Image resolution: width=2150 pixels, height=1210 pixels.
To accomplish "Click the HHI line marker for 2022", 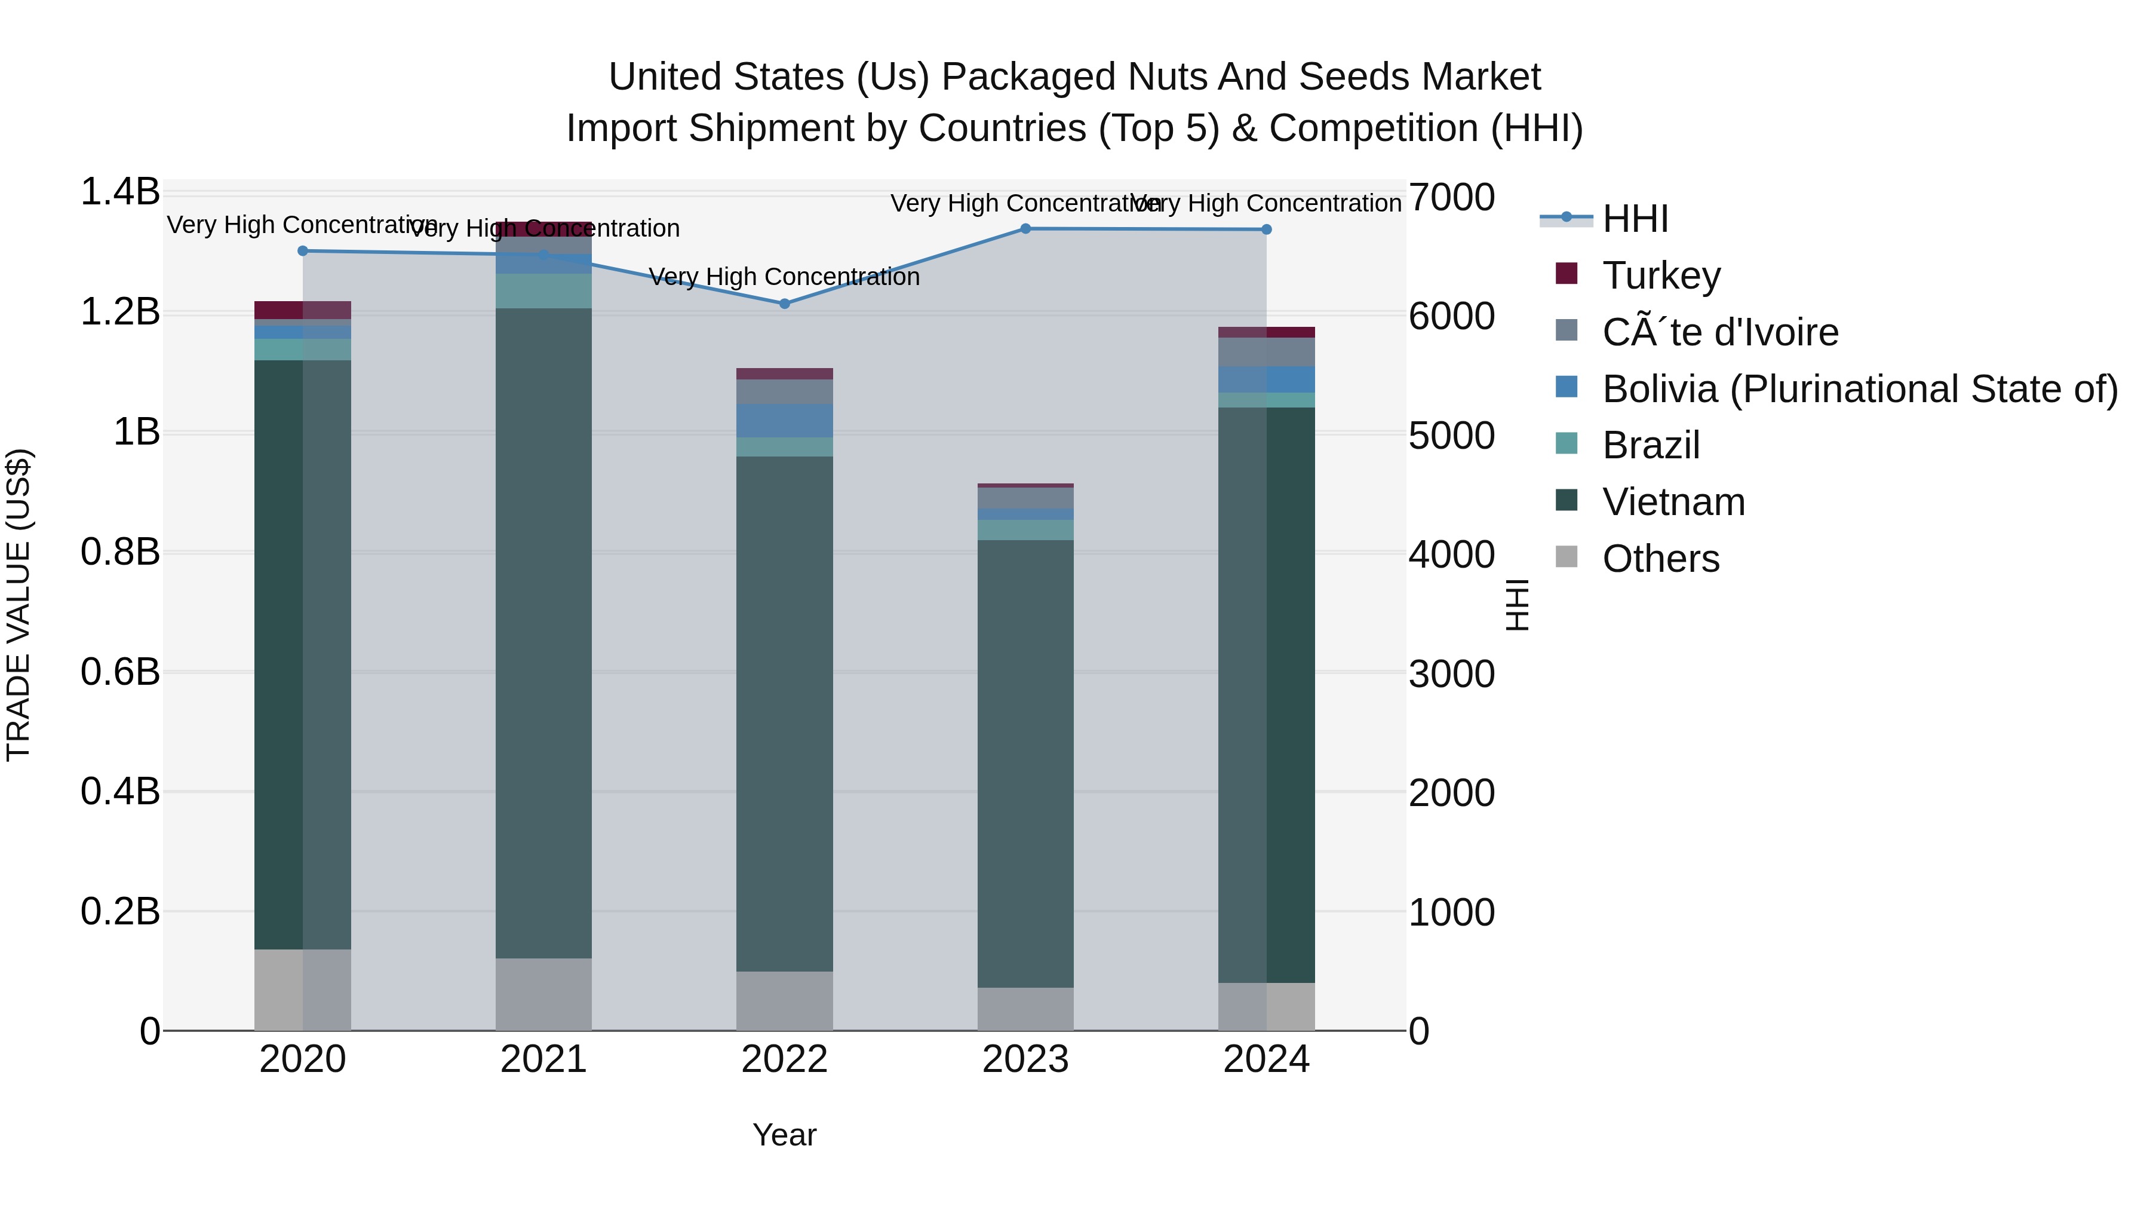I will point(785,304).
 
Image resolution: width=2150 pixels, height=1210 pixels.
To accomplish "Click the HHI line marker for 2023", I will point(1026,229).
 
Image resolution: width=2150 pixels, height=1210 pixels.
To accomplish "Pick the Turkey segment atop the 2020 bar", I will point(302,310).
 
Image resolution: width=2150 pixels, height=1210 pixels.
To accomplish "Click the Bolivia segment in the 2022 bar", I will point(785,421).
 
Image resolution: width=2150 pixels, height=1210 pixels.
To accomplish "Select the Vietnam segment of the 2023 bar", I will point(1026,764).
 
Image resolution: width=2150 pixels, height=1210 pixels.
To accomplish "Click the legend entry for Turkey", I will point(1661,275).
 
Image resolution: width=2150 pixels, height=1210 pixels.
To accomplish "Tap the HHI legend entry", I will point(1634,219).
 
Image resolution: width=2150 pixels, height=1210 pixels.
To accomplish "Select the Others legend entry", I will point(1660,559).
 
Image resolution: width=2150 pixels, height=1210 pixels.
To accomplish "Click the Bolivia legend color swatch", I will point(1567,387).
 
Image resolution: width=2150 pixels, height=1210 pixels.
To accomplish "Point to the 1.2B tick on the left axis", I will point(119,313).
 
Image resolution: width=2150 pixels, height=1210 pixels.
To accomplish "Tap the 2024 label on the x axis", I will point(1266,1059).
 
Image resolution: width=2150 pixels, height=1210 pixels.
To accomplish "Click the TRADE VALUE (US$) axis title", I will point(19,605).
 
